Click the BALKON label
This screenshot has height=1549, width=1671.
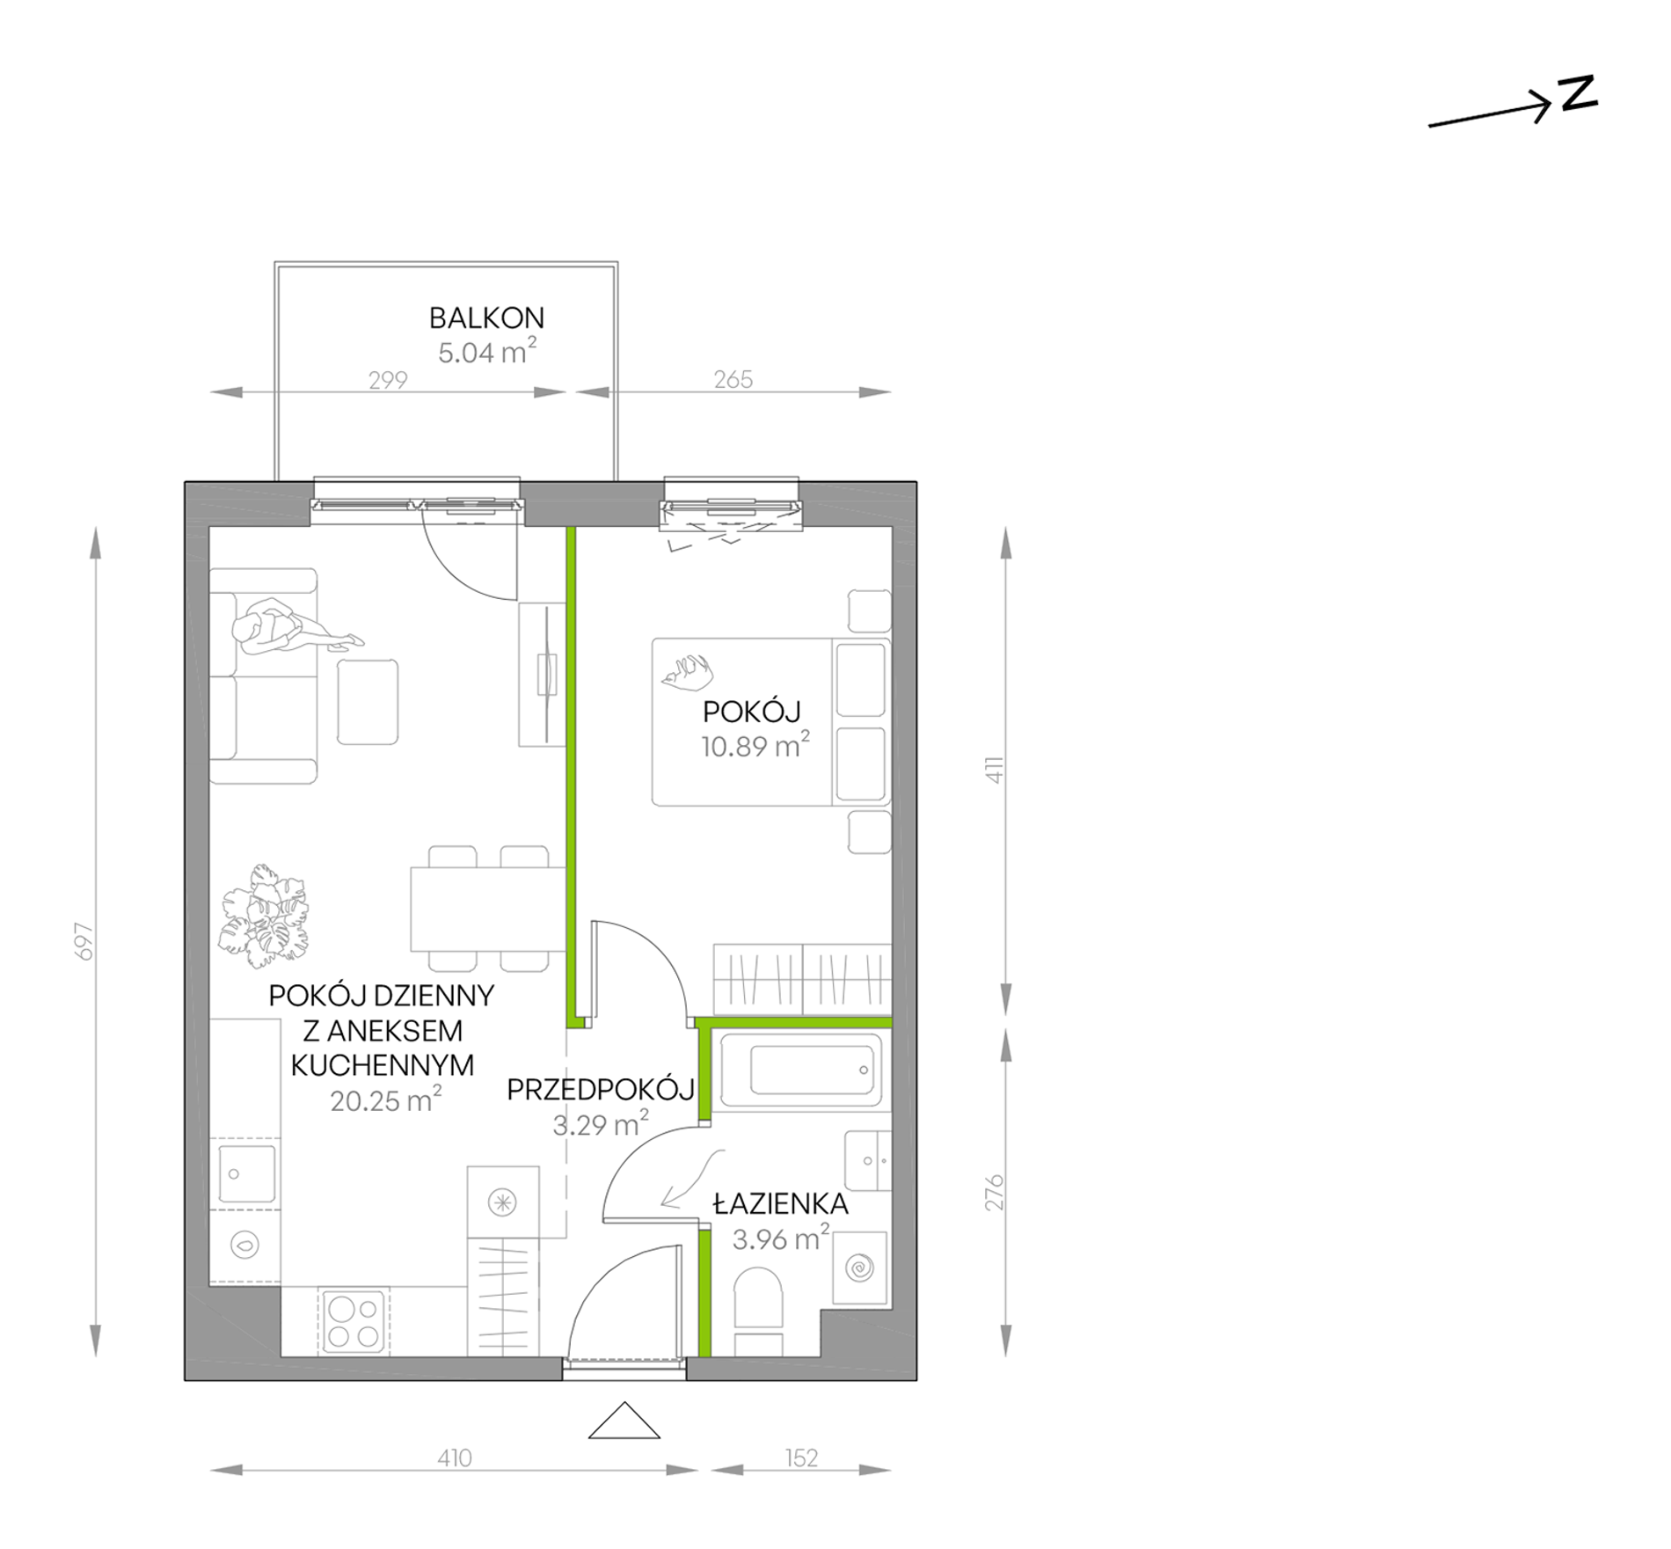[486, 318]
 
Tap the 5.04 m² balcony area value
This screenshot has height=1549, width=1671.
[487, 352]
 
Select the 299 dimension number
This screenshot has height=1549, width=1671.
[388, 380]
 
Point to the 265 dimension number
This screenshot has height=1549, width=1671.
[733, 379]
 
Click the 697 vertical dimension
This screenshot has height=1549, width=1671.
[84, 941]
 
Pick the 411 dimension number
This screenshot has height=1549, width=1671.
[995, 770]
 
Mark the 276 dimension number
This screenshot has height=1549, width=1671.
[995, 1192]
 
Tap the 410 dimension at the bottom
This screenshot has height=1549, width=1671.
[455, 1458]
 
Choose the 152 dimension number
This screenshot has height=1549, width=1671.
[801, 1458]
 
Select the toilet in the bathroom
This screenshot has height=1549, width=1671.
[758, 1311]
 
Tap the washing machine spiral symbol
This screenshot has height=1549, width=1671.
[858, 1268]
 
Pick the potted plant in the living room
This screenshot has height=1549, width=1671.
[266, 917]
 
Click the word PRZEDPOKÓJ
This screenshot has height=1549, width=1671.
[601, 1090]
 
